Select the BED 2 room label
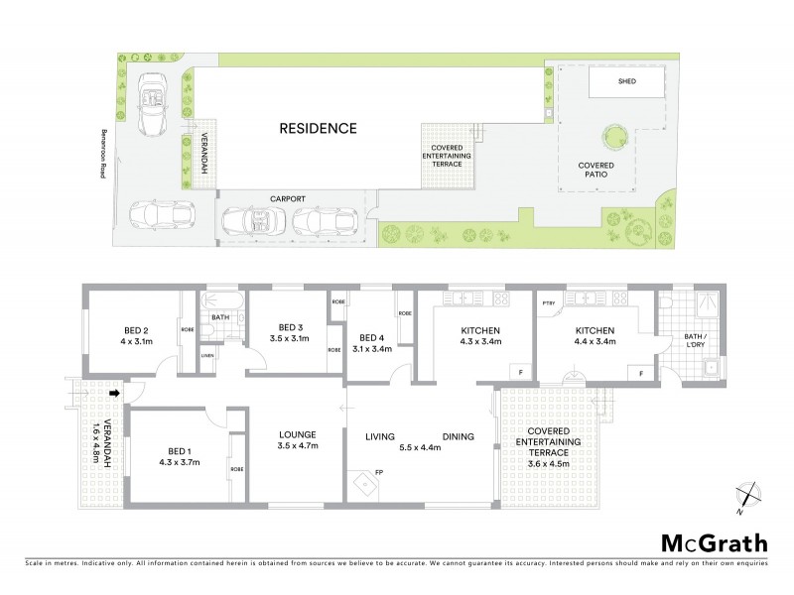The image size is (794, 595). (x=135, y=330)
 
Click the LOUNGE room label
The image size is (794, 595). (x=297, y=434)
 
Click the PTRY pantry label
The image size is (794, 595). (x=547, y=300)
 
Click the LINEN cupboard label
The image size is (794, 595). (x=206, y=354)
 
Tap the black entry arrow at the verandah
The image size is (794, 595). (x=113, y=394)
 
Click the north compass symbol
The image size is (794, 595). (x=749, y=494)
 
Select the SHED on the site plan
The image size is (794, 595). (x=626, y=82)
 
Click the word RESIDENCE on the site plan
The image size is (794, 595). (x=316, y=129)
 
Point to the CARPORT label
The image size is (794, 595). (x=287, y=199)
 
